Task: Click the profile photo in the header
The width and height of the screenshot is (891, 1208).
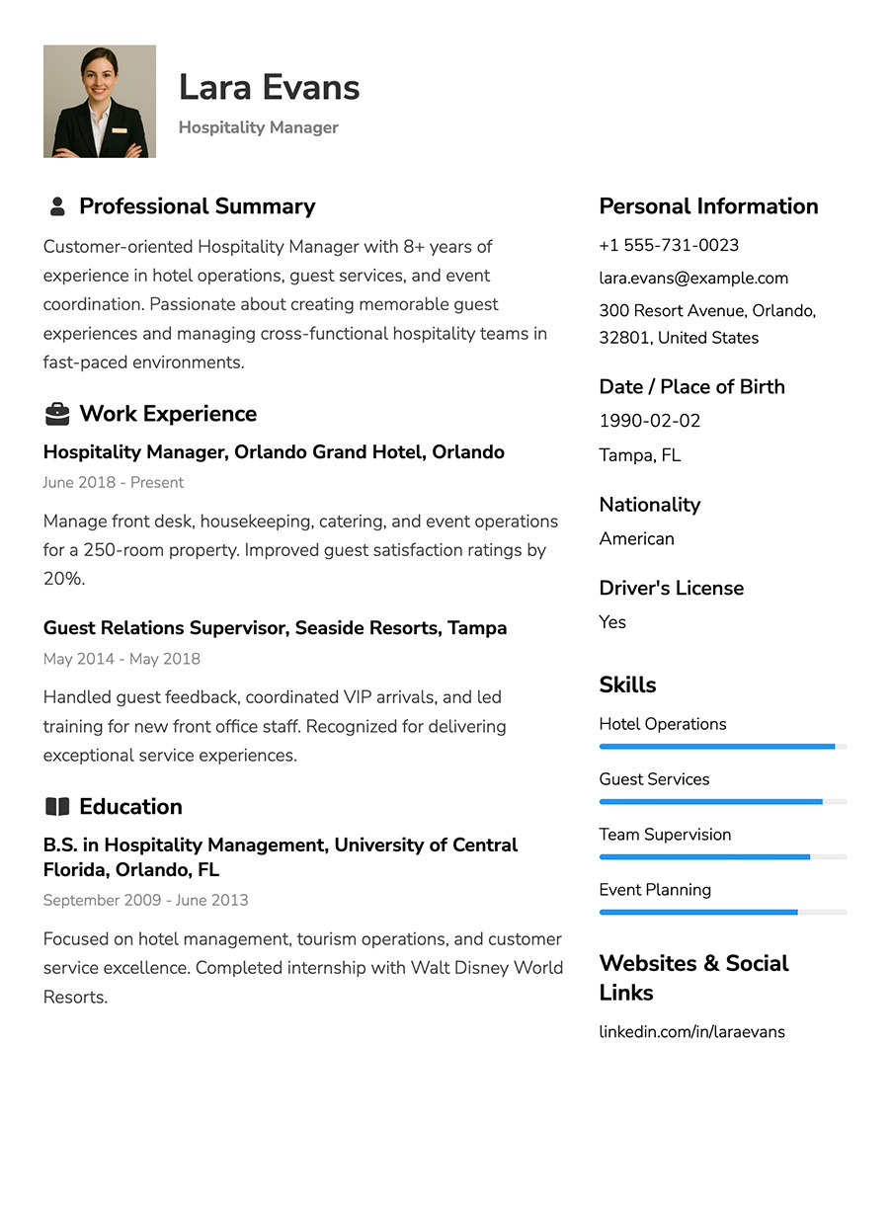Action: pos(100,101)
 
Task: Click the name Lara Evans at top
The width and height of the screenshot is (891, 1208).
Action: pos(269,87)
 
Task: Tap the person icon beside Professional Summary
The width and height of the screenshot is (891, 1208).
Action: pos(57,206)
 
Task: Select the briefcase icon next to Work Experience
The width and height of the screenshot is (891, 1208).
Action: pos(57,414)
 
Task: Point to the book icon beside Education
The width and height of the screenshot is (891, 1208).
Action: pos(57,807)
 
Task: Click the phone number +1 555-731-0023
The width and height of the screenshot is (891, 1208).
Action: pos(669,245)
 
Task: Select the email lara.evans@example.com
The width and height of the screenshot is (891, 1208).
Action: pos(693,278)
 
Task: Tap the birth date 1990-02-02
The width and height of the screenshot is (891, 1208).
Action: pos(649,421)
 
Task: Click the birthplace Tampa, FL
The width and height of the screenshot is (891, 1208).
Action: pos(639,454)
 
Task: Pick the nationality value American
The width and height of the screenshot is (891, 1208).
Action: pos(636,538)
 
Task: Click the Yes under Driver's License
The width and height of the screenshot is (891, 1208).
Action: pos(612,621)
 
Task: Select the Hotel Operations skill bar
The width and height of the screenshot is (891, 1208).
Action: pos(722,747)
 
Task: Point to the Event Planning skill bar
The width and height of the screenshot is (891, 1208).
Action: pos(722,912)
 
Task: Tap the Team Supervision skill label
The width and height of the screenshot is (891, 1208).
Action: pos(665,835)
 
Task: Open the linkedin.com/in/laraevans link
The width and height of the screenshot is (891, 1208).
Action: pos(691,1031)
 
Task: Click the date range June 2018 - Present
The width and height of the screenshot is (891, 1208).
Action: pos(114,482)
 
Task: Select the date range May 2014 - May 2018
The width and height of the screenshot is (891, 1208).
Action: pos(121,658)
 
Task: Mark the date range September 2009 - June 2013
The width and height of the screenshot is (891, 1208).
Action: pos(145,900)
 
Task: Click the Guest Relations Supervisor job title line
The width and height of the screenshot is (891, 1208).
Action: pos(275,627)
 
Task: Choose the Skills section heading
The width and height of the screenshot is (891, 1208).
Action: pos(627,685)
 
